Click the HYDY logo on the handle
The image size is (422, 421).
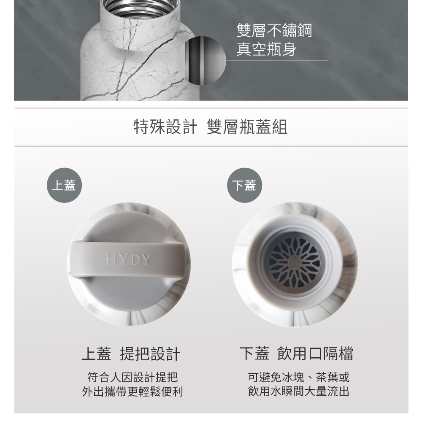click(x=128, y=259)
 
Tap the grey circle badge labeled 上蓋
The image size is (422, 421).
click(x=64, y=185)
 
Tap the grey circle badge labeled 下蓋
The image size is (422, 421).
click(x=244, y=185)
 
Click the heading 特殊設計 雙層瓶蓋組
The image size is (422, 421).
click(x=211, y=127)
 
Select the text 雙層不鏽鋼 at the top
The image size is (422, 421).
click(x=274, y=30)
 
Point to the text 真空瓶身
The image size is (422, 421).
click(x=266, y=49)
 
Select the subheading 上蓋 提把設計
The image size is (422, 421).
click(x=131, y=354)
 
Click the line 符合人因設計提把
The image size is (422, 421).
click(x=133, y=377)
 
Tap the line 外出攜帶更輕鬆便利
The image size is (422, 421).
click(x=133, y=391)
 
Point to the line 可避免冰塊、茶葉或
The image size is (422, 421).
click(x=298, y=377)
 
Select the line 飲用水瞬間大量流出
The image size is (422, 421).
click(x=298, y=391)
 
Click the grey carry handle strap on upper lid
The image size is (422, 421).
click(x=128, y=259)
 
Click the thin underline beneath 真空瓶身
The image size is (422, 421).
click(x=277, y=60)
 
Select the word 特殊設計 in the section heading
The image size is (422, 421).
click(x=165, y=127)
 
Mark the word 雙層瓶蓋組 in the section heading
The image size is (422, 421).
click(x=247, y=127)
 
